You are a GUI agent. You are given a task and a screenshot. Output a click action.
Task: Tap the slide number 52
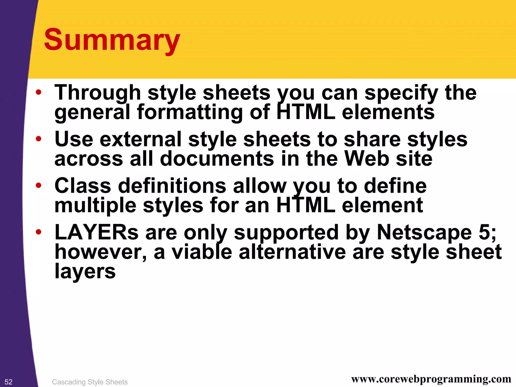click(8, 382)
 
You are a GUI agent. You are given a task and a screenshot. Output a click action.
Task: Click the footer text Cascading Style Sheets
click(90, 382)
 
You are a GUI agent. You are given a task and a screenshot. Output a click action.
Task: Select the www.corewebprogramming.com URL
click(431, 379)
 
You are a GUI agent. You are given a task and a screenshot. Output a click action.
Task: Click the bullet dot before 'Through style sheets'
click(38, 92)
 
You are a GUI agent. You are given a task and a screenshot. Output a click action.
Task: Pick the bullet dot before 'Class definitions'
click(38, 185)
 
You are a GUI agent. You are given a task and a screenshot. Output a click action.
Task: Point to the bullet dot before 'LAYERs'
click(38, 232)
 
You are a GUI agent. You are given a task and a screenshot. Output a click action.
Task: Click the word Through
click(98, 93)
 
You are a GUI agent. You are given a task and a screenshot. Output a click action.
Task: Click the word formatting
click(190, 113)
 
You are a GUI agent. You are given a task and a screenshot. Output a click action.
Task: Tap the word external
click(141, 139)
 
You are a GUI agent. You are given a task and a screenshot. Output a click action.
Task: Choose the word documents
click(217, 159)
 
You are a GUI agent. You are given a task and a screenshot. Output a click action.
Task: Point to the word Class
click(83, 186)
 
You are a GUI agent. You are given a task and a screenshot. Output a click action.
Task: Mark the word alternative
click(292, 252)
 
